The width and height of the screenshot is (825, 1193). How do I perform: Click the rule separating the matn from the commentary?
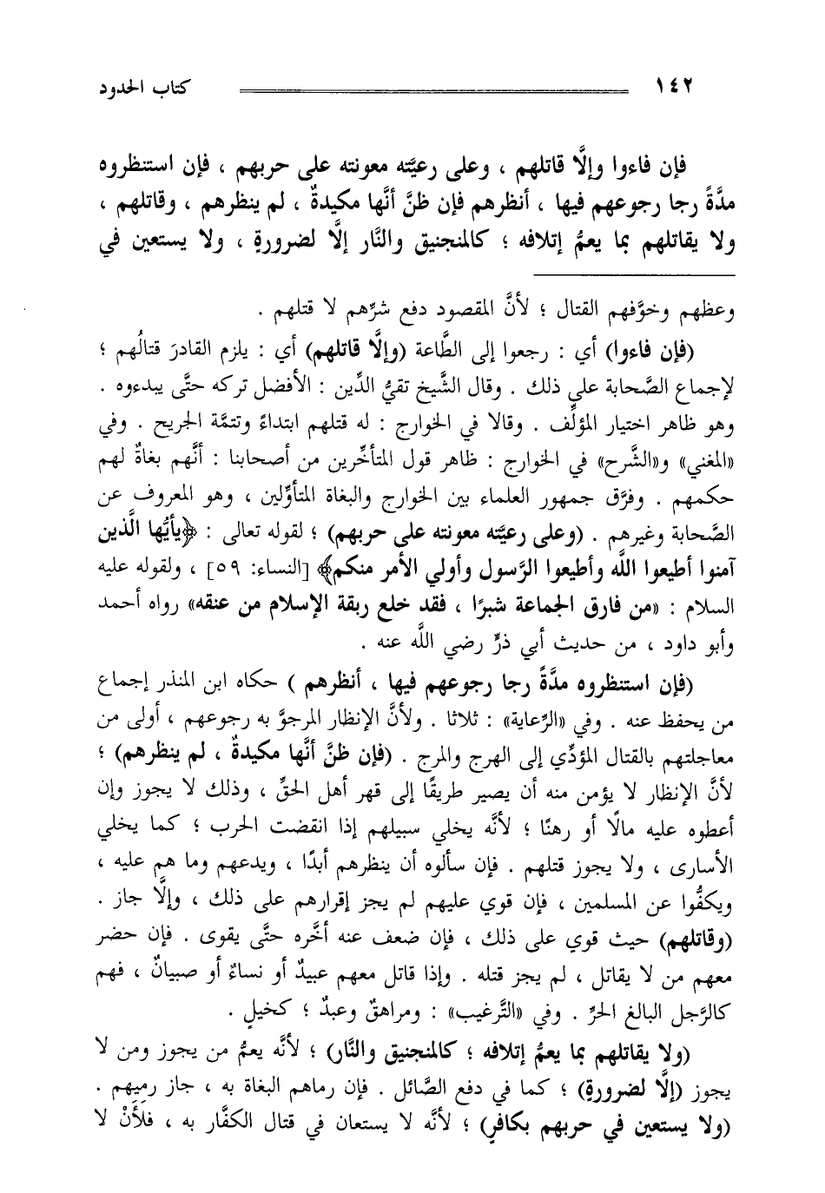pos(417,276)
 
